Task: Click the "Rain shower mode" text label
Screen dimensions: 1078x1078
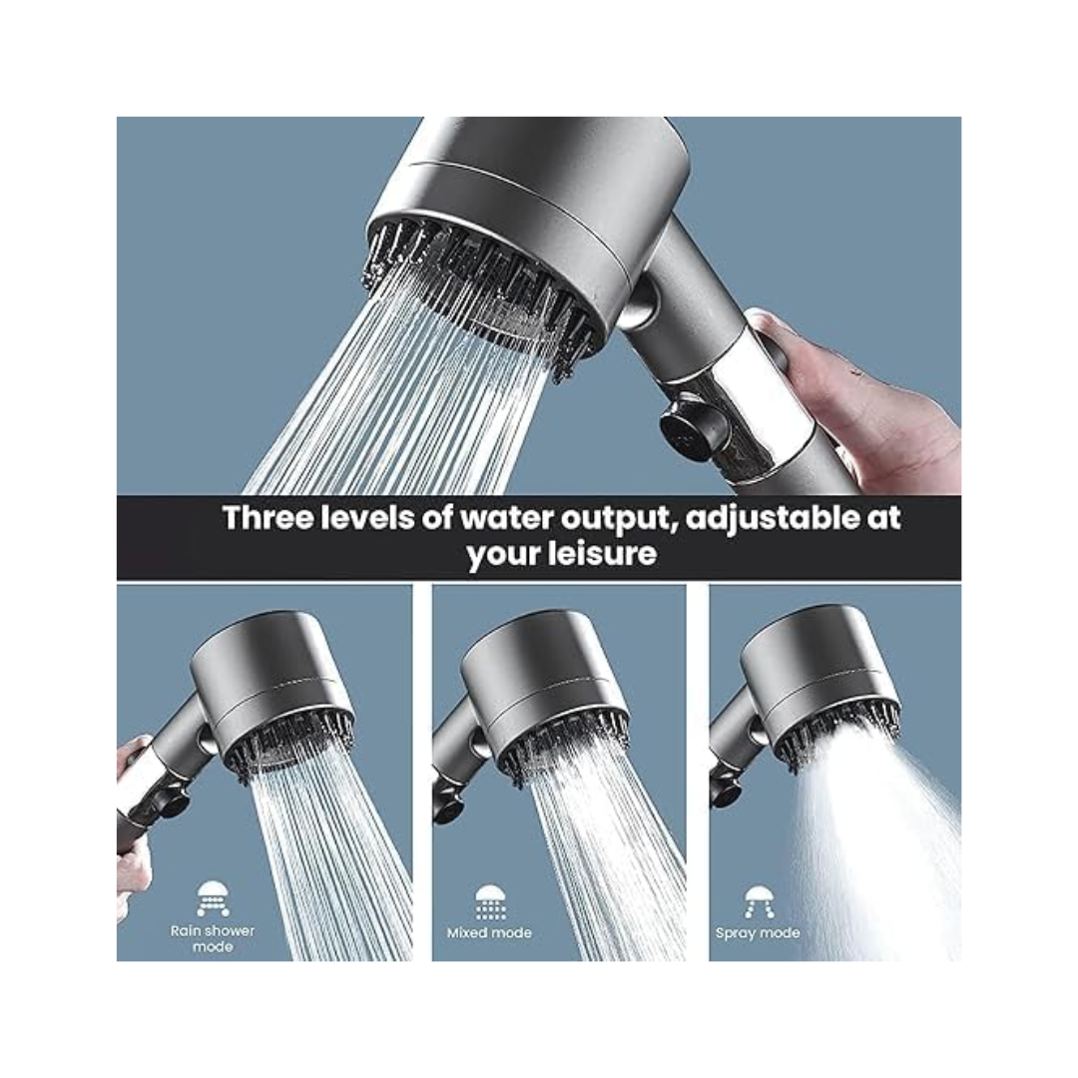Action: click(212, 938)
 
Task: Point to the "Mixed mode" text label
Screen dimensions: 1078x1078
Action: click(489, 933)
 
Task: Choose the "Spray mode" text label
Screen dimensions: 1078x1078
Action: click(758, 933)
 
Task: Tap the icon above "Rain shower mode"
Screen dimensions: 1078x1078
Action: click(213, 898)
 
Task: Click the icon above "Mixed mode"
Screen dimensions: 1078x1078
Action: click(489, 901)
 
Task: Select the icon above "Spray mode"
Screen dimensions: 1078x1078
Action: click(758, 901)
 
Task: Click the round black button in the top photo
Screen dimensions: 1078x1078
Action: click(687, 431)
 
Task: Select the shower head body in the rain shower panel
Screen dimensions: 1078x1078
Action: click(269, 669)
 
